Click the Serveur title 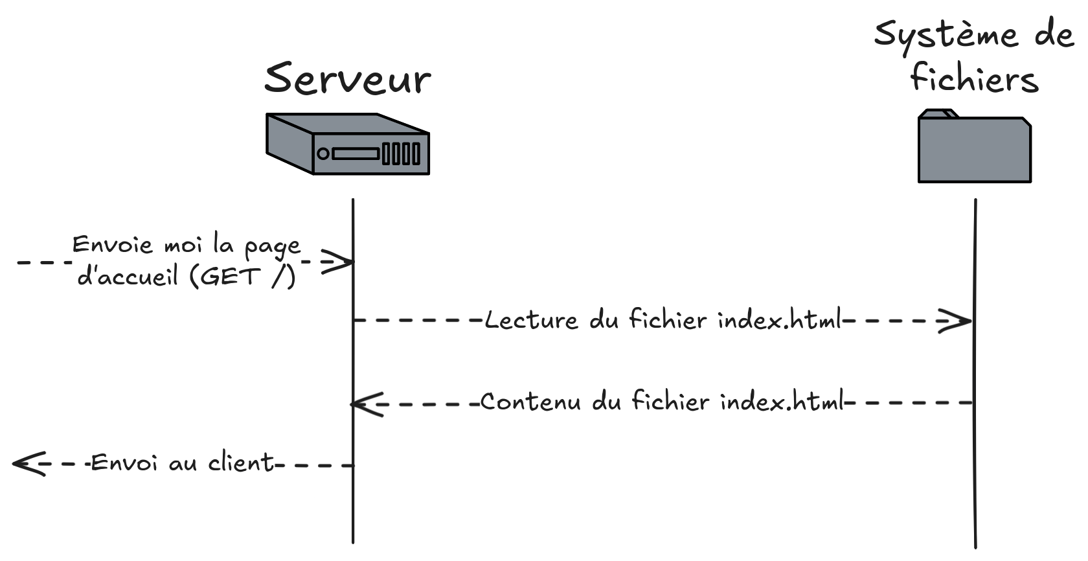click(347, 79)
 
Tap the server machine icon click(348, 144)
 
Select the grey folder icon click(974, 149)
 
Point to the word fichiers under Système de click(974, 79)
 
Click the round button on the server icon click(323, 154)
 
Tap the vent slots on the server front click(402, 154)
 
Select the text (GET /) click(243, 277)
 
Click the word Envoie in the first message click(112, 246)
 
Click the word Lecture click(531, 321)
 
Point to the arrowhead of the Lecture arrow click(956, 321)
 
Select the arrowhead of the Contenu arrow click(367, 404)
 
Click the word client click(241, 463)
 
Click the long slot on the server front click(356, 154)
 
